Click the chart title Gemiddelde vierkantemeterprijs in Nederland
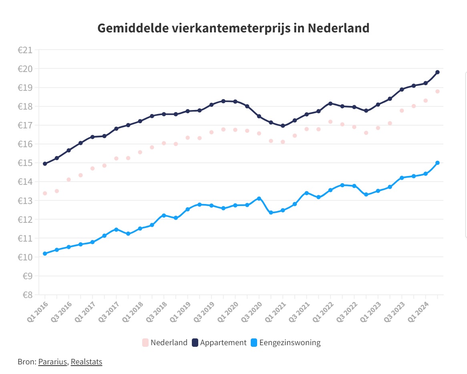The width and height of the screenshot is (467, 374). [233, 28]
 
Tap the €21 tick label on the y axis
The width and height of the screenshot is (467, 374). [25, 50]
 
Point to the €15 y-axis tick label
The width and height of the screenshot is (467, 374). [25, 163]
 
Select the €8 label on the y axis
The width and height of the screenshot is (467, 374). [26, 295]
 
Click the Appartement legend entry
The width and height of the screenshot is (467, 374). [219, 342]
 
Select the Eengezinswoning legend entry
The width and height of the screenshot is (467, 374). [285, 342]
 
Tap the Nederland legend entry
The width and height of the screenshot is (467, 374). [165, 342]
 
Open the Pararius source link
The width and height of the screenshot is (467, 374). [53, 362]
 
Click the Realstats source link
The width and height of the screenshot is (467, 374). [87, 362]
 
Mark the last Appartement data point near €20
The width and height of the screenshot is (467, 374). [437, 72]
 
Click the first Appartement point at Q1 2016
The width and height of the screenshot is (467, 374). [45, 164]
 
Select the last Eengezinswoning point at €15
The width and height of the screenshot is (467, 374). [437, 163]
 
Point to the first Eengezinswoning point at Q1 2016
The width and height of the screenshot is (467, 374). [45, 254]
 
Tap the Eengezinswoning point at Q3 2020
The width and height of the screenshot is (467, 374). [259, 198]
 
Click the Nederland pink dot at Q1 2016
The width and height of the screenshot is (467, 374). [45, 193]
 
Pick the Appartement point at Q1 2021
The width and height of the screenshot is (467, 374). [283, 126]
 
